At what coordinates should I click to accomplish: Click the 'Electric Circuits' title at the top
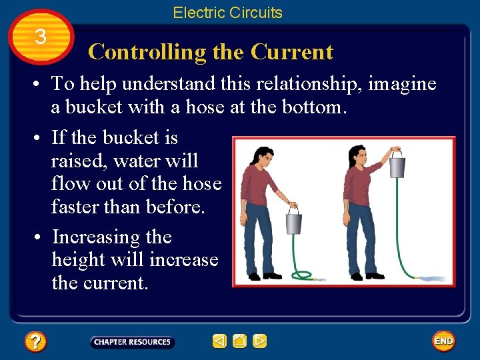[x=227, y=13]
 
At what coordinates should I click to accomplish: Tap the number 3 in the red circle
[x=41, y=37]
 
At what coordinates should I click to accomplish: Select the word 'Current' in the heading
[x=291, y=52]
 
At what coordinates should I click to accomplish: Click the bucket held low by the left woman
[x=293, y=221]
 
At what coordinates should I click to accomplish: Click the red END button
[x=443, y=341]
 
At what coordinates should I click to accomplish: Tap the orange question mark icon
[x=35, y=342]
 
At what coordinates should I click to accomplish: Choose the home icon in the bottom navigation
[x=240, y=342]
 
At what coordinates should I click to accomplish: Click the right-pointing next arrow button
[x=260, y=342]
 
